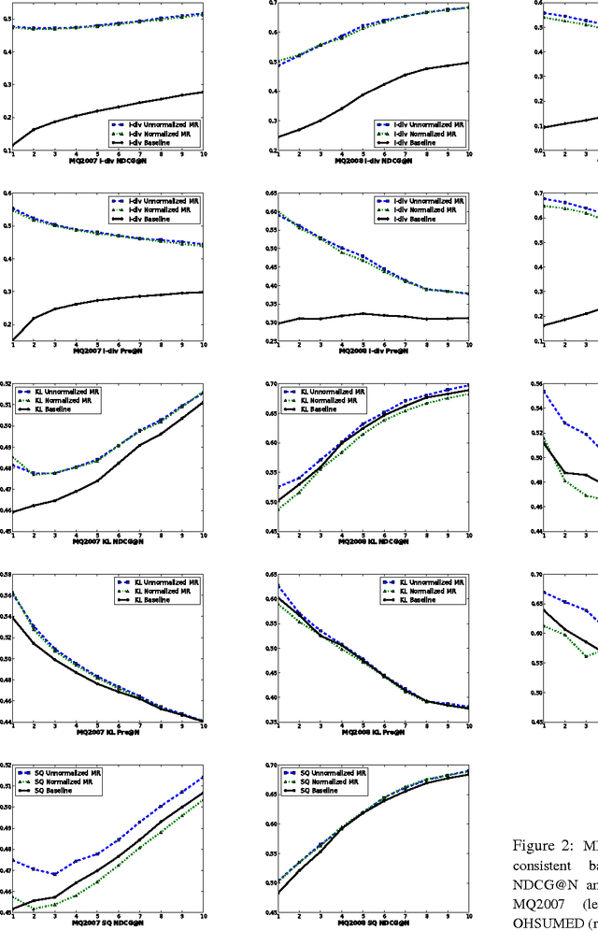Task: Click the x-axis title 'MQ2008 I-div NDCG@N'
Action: tap(372, 161)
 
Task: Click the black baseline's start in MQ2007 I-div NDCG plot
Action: tap(13, 146)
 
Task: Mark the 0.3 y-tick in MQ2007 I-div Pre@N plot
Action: tap(7, 292)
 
